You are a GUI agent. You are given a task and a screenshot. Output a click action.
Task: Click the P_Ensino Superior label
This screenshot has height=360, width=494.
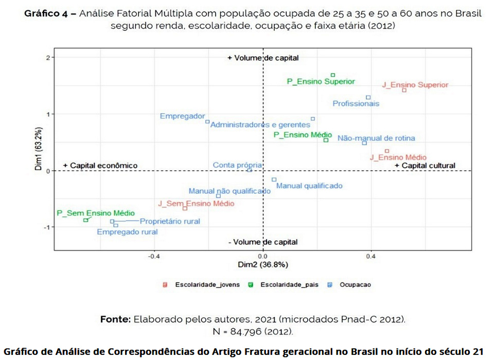pyautogui.click(x=321, y=81)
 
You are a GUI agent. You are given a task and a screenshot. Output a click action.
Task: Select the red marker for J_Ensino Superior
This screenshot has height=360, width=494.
pyautogui.click(x=404, y=90)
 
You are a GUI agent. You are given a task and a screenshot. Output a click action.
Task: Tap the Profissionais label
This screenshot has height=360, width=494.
pyautogui.click(x=356, y=103)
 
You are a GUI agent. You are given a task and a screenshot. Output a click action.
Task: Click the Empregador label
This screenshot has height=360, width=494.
pyautogui.click(x=182, y=116)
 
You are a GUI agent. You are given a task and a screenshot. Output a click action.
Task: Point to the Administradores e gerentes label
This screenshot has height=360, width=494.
pyautogui.click(x=260, y=124)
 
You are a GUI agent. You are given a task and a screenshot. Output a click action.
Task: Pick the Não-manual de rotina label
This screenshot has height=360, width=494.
pyautogui.click(x=376, y=138)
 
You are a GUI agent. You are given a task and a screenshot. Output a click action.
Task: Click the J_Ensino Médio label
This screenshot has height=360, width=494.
pyautogui.click(x=398, y=157)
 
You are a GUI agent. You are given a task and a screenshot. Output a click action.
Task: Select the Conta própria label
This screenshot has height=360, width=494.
pyautogui.click(x=237, y=165)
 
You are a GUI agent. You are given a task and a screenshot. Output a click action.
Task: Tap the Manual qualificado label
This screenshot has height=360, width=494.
pyautogui.click(x=309, y=186)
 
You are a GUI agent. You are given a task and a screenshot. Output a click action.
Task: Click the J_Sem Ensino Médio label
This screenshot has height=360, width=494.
pyautogui.click(x=196, y=204)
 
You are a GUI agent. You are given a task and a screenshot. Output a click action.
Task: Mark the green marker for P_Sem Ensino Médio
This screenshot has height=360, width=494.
pyautogui.click(x=86, y=220)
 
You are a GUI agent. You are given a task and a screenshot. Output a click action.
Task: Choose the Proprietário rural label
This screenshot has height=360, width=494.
pyautogui.click(x=170, y=221)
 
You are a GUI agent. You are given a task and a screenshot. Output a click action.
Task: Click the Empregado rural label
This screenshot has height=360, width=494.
pyautogui.click(x=127, y=232)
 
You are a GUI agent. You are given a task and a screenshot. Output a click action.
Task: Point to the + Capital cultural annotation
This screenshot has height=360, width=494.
pyautogui.click(x=425, y=165)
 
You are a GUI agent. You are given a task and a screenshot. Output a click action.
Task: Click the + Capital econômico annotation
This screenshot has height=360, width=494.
pyautogui.click(x=100, y=165)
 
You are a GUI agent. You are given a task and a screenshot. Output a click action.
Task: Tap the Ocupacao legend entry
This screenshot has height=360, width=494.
pyautogui.click(x=355, y=284)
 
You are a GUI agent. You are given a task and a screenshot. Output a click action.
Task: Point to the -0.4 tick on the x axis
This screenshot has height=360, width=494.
pyautogui.click(x=153, y=256)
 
